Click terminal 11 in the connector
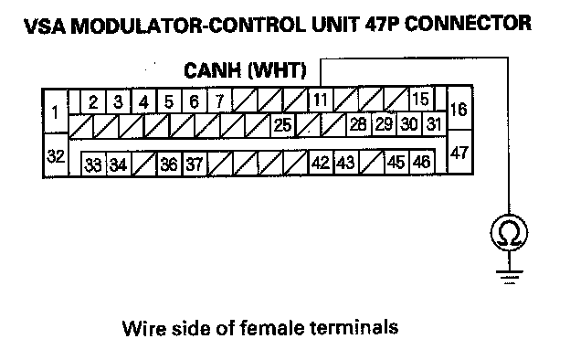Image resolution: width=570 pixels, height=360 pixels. point(321,100)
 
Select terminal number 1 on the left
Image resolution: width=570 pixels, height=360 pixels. point(55,111)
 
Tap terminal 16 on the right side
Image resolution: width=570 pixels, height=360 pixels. point(459,109)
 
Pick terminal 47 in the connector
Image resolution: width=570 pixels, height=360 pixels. point(459,152)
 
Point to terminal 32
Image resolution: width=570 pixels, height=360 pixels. point(56,155)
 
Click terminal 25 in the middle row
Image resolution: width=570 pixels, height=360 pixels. point(283,125)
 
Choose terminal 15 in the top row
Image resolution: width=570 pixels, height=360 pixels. point(422,99)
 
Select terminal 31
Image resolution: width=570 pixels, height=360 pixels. point(434,124)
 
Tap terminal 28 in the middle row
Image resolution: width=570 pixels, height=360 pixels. point(358,124)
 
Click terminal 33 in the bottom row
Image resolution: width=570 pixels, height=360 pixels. point(93,164)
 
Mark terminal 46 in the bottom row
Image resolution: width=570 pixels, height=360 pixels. point(422,162)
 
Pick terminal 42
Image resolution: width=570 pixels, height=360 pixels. point(321,162)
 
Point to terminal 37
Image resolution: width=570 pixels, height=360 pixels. point(195,164)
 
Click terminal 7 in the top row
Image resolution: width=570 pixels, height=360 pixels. point(219,101)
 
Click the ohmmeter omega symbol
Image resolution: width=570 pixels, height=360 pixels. point(509,233)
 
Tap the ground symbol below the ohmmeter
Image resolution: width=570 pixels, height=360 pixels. point(510,276)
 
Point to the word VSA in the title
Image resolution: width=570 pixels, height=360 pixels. point(45,26)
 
